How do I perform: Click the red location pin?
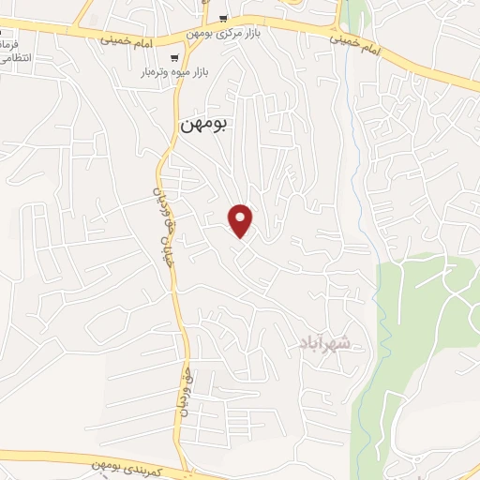coord(242,220)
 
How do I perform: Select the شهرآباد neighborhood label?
coord(327,343)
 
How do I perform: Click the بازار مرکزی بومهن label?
coord(224,34)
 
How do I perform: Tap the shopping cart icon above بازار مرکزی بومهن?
coord(223,19)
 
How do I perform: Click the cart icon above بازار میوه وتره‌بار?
coord(177,56)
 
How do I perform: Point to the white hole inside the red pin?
coord(242,217)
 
